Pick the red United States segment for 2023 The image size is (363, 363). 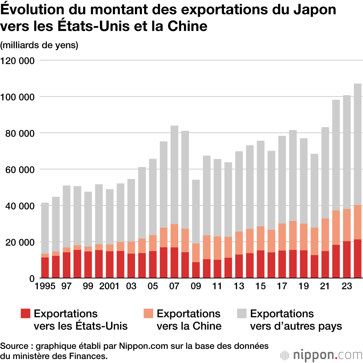point(347,260)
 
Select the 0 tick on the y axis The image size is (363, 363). point(32,278)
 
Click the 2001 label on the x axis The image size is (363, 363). point(109,287)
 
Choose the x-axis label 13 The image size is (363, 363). point(239,287)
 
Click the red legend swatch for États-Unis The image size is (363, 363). point(25,314)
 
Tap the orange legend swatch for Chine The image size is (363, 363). point(148,314)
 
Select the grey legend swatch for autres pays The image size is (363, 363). point(242,314)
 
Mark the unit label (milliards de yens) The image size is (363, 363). point(39,45)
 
